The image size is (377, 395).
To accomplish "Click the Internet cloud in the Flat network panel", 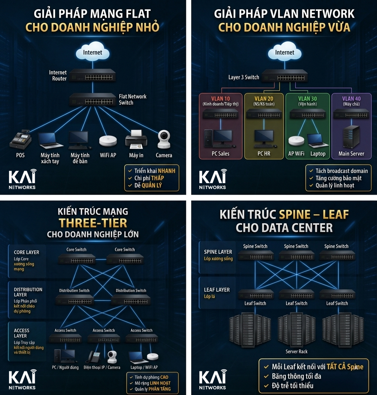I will (x=92, y=53).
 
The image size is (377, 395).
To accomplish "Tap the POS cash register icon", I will (x=20, y=140).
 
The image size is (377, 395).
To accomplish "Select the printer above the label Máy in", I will (x=136, y=139).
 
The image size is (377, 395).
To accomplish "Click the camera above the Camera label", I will (x=164, y=140).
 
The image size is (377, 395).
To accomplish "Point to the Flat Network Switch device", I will (x=93, y=100).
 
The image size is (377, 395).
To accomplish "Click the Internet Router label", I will (x=58, y=76).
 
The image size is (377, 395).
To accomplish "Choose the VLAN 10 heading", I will (x=220, y=99).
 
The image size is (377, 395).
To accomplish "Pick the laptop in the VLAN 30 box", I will (x=318, y=140).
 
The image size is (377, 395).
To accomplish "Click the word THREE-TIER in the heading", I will (x=93, y=223).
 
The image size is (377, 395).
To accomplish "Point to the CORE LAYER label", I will (x=27, y=252).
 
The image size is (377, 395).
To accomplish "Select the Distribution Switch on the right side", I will (x=131, y=300).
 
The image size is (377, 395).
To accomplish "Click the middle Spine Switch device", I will (x=296, y=255).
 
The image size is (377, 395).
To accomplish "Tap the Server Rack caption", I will (x=297, y=352).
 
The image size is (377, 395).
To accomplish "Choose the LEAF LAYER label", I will (x=217, y=290).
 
